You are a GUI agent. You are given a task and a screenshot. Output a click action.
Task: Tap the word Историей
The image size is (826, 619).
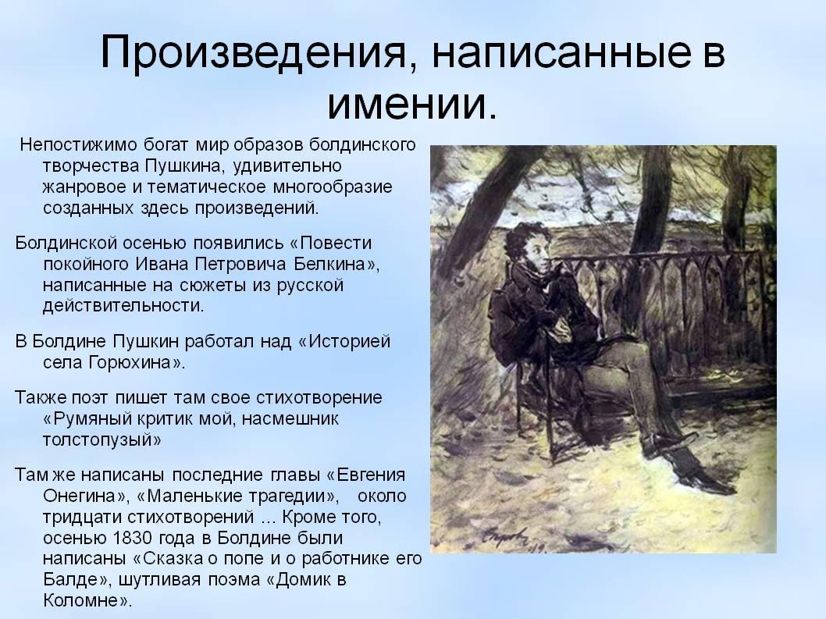click(350, 342)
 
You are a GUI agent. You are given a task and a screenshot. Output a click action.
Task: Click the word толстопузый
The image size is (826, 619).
click(98, 440)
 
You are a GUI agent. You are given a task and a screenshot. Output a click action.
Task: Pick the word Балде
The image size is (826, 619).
click(70, 580)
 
